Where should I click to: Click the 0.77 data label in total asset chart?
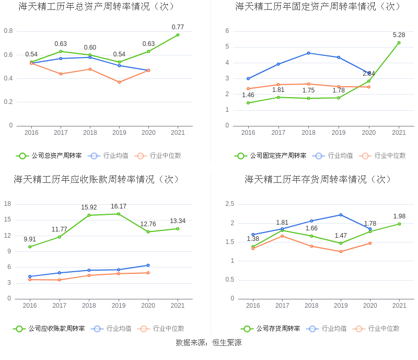178,27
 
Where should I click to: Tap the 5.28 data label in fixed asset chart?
399,35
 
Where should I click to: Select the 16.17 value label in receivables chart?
119,206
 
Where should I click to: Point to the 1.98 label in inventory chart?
399,216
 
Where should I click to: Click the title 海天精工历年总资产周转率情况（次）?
97,7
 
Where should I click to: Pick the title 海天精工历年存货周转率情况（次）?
318,179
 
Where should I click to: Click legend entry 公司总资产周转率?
49,156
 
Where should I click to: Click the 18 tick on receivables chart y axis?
8,204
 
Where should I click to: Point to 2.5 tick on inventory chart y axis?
229,204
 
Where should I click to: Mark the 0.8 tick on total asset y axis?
8,31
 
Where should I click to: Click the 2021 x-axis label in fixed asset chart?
399,133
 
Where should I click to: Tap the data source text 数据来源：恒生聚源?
208,343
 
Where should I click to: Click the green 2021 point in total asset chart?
178,35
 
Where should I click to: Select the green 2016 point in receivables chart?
30,247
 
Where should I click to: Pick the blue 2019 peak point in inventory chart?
341,215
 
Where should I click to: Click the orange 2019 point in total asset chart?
119,82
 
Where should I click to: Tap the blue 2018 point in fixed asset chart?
308,53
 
